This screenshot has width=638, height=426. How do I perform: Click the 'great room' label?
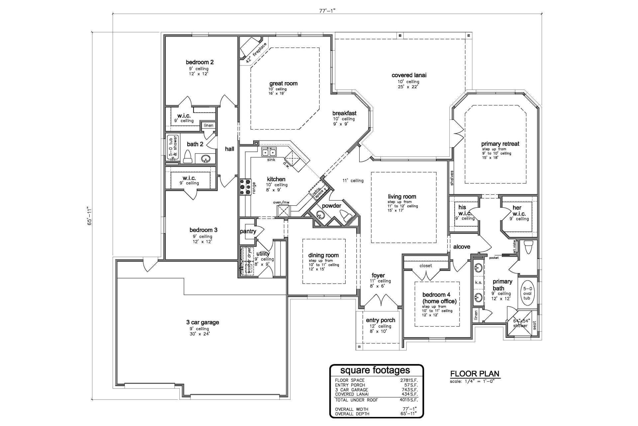283,84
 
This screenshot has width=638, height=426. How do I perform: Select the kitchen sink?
269,152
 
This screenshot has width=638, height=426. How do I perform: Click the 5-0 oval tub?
527,293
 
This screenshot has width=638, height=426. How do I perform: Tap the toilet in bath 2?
188,157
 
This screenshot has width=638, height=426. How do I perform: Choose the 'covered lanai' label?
409,75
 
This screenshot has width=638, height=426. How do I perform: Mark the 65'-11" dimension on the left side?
89,216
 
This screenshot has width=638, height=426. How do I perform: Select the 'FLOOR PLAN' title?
475,374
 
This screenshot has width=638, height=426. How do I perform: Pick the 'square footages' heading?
375,370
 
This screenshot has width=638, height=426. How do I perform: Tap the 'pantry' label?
248,231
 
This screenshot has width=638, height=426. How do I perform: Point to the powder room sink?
320,215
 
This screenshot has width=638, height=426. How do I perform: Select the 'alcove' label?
462,247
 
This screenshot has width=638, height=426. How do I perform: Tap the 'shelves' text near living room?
452,178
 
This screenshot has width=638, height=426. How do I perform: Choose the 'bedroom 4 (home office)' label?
439,298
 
